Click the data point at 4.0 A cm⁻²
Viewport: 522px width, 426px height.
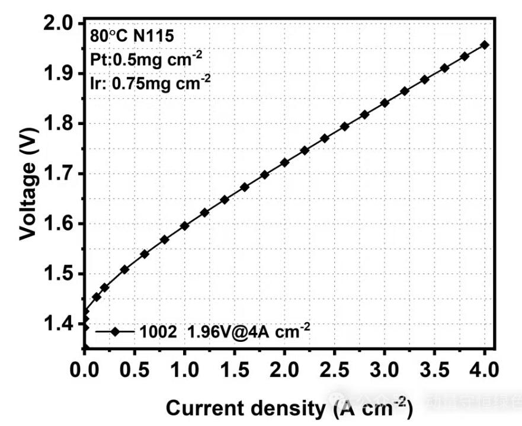485,44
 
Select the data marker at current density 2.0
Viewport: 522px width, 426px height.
284,162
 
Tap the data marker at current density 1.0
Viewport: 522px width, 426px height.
184,226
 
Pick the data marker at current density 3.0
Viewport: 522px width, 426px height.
385,103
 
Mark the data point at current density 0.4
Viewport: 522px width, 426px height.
124,270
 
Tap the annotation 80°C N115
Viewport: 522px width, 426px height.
132,36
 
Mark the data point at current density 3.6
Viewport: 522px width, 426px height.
444,68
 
